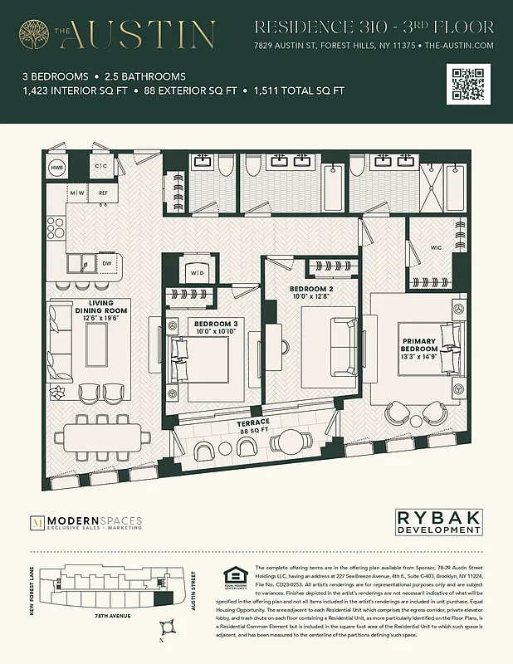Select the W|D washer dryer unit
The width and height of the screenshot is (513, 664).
click(198, 272)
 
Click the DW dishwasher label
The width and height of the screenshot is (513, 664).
click(106, 263)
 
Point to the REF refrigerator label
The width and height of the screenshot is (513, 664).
click(103, 193)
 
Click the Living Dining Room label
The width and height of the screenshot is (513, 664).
click(87, 309)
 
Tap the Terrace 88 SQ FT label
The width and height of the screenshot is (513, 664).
click(254, 427)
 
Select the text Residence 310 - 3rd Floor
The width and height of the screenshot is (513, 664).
click(375, 27)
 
